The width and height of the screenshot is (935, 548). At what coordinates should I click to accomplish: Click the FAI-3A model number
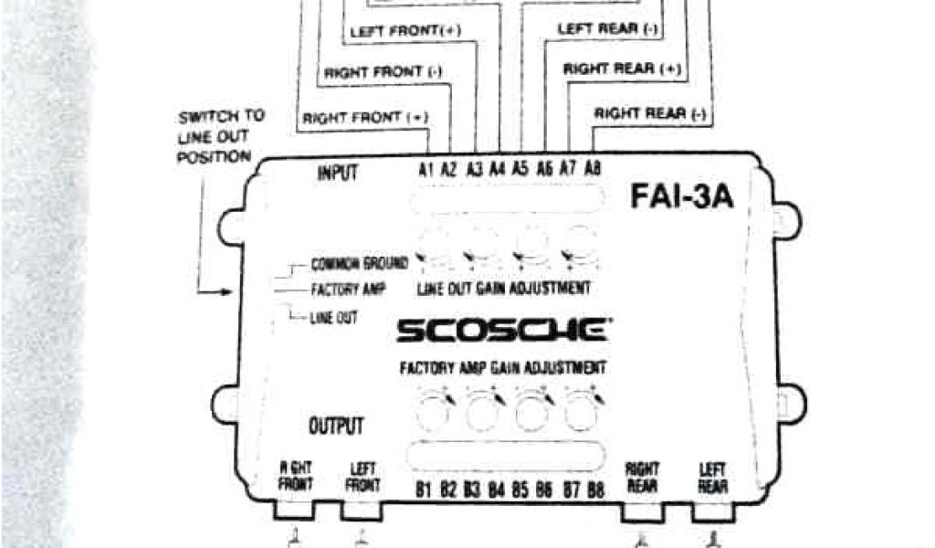(x=681, y=198)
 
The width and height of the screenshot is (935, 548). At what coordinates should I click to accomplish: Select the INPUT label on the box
(x=337, y=174)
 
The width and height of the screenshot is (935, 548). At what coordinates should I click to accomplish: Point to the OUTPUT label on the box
(x=336, y=425)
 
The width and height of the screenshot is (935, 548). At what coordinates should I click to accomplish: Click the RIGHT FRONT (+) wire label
(x=364, y=117)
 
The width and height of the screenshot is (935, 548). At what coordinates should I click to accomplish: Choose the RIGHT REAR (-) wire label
(x=650, y=114)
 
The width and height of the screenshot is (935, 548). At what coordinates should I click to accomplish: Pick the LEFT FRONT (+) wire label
(x=405, y=30)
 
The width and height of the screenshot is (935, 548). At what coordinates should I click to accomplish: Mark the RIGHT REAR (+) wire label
(x=622, y=68)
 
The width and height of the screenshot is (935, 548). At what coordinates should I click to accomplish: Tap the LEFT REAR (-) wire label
(x=608, y=29)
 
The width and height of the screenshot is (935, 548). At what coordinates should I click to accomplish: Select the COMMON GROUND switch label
(x=359, y=265)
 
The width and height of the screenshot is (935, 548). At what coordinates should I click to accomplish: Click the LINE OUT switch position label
(x=334, y=317)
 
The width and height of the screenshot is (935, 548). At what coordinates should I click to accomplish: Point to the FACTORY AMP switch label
(x=349, y=290)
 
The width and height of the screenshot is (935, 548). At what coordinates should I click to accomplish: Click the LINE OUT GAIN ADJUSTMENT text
(x=503, y=289)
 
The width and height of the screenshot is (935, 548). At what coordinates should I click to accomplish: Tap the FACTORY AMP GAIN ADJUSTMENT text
(x=502, y=369)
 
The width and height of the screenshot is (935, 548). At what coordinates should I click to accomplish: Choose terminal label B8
(x=595, y=490)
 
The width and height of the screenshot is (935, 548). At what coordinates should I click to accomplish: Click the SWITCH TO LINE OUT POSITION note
(x=221, y=136)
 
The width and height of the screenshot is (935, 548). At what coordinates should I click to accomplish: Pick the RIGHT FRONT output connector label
(x=296, y=476)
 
